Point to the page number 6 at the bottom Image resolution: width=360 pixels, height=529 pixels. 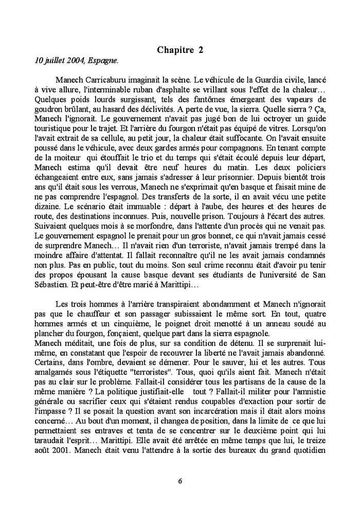point(180,481)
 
